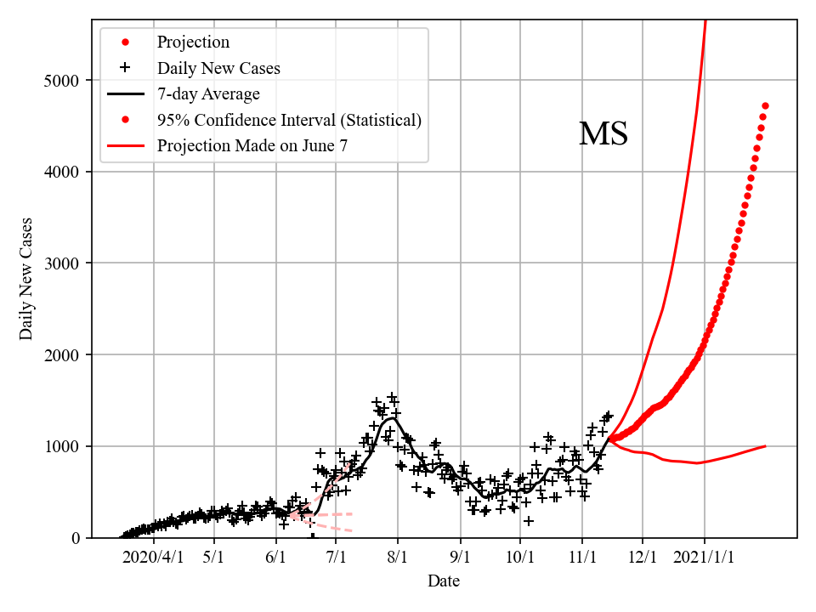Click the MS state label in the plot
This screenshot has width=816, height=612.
tap(603, 134)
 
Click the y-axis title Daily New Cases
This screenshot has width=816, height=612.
tap(26, 279)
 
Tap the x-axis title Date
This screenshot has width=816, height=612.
tap(444, 581)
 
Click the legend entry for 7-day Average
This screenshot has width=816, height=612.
tap(208, 93)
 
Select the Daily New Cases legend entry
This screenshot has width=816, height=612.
tap(218, 68)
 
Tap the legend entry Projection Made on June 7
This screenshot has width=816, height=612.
tap(252, 145)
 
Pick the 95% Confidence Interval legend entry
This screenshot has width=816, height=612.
tap(289, 120)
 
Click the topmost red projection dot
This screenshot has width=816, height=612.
tap(765, 105)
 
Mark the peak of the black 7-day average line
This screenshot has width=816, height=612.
tap(391, 418)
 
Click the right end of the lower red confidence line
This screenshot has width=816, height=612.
tap(765, 445)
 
